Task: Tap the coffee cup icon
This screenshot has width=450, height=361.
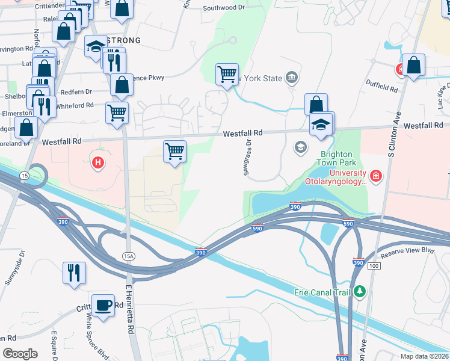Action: click(x=103, y=305)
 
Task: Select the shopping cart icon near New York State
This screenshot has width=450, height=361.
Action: click(x=227, y=75)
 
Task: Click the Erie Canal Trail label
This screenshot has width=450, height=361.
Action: click(x=321, y=292)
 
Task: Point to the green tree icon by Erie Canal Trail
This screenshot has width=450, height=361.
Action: click(x=360, y=292)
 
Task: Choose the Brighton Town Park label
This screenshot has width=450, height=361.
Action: click(x=338, y=158)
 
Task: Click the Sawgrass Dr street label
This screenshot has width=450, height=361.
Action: click(x=247, y=158)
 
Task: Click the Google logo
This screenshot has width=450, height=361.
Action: click(x=20, y=353)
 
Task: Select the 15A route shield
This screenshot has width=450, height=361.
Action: click(x=128, y=256)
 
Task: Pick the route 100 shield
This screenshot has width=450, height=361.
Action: click(x=374, y=265)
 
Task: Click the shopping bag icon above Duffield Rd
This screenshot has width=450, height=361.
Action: click(x=414, y=66)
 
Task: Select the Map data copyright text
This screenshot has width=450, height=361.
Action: click(x=424, y=356)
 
